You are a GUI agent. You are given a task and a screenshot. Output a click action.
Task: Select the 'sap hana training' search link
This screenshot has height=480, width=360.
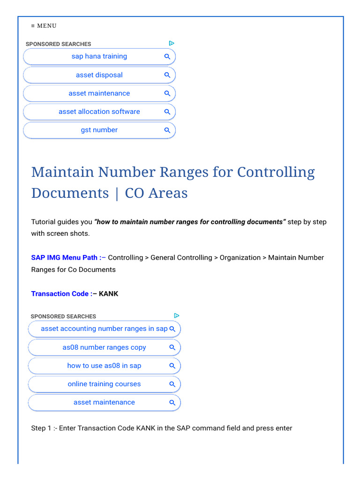(99, 56)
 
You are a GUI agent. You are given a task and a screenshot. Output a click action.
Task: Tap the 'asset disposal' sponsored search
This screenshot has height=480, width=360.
(99, 75)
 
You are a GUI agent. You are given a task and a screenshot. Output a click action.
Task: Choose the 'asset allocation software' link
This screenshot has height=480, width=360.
(99, 112)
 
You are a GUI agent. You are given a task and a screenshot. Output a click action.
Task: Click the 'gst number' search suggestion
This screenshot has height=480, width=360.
(99, 130)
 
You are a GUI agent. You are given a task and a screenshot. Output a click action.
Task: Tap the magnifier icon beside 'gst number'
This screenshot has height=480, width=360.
(167, 130)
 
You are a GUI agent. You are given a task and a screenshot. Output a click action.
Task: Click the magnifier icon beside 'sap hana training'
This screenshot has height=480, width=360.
(167, 57)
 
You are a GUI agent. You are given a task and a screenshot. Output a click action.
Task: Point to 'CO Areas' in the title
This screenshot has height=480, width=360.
(156, 193)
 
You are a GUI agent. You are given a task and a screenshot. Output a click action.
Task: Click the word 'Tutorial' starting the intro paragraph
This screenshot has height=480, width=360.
(43, 222)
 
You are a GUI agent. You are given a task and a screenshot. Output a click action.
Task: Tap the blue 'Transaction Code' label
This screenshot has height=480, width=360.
(60, 293)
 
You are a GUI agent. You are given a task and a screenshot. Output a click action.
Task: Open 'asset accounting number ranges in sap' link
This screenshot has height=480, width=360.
(104, 329)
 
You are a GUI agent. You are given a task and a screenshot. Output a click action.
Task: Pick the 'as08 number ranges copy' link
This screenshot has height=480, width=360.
(104, 347)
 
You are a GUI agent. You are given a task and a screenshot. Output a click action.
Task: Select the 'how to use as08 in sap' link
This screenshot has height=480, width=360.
(104, 366)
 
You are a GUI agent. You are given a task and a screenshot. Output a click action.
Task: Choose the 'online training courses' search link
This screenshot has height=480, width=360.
(104, 384)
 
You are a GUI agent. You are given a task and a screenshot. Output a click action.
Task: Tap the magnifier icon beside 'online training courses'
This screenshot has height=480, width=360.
(172, 384)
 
